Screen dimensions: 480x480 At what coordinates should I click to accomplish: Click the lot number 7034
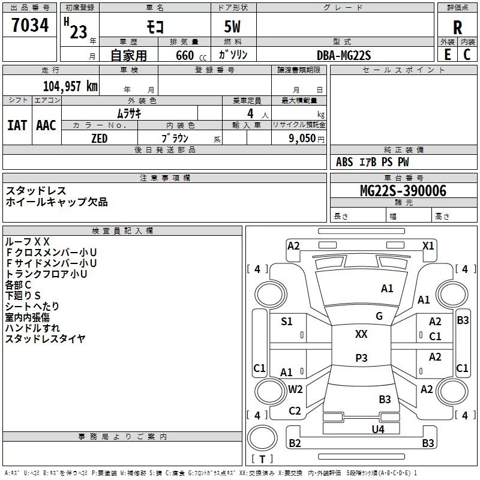[29, 26]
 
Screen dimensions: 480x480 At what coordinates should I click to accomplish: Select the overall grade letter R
[457, 28]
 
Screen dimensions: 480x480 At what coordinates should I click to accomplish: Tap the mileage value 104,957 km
[70, 86]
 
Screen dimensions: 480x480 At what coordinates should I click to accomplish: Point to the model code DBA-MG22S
[344, 55]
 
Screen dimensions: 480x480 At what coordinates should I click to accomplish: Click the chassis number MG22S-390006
[403, 191]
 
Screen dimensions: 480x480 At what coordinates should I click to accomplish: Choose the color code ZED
[99, 139]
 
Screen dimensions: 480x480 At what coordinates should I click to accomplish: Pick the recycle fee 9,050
[302, 139]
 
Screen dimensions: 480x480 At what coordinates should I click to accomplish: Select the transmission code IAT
[17, 125]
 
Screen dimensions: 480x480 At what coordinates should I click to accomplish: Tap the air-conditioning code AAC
[46, 125]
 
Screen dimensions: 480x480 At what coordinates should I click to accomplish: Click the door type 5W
[233, 28]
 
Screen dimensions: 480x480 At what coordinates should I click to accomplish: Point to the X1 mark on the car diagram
[428, 245]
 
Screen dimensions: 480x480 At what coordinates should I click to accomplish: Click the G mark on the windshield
[379, 316]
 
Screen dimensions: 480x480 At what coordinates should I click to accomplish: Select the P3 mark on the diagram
[361, 358]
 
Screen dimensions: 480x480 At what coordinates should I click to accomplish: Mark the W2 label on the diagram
[295, 389]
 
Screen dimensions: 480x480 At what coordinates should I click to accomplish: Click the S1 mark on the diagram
[287, 322]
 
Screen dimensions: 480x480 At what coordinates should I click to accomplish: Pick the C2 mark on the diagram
[295, 411]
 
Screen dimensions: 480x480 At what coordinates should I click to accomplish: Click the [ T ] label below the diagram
[262, 459]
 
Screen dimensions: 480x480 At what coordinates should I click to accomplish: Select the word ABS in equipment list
[344, 162]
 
